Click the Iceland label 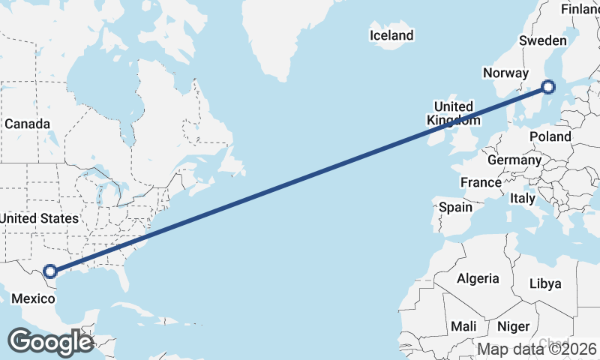click(391, 35)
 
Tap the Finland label click(580, 9)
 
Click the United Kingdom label click(454, 113)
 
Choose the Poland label click(550, 136)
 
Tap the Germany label click(514, 160)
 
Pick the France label click(481, 182)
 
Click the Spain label click(455, 207)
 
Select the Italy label click(522, 199)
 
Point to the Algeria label click(478, 278)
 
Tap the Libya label click(544, 283)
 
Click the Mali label click(463, 327)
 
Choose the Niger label click(514, 327)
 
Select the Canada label click(27, 124)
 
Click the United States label click(39, 218)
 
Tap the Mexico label click(33, 298)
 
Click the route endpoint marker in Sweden click(548, 87)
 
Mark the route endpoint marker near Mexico click(50, 271)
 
